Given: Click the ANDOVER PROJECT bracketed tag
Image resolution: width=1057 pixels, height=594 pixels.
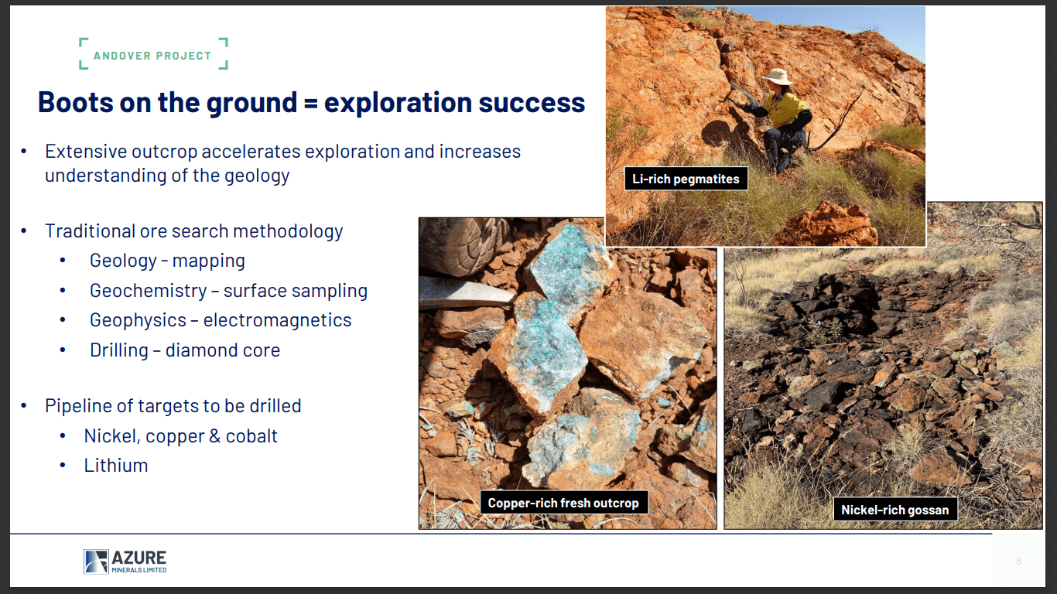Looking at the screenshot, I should (152, 56).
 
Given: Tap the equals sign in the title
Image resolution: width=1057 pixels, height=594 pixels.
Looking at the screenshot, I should (310, 103).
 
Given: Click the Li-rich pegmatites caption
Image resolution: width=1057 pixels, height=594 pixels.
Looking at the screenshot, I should (686, 179).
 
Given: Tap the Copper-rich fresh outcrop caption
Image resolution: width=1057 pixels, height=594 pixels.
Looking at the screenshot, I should (563, 503).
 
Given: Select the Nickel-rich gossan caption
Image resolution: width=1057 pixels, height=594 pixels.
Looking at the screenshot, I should (895, 510).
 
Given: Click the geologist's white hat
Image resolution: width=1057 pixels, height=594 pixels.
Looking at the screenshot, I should (777, 77).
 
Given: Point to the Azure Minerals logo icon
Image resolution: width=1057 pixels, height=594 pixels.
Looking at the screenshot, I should (96, 562).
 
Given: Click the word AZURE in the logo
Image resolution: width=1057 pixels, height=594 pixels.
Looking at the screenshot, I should (139, 558).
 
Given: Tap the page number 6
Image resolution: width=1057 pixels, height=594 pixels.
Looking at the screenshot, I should (1019, 562).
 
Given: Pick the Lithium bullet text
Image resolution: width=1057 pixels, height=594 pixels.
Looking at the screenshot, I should (116, 466).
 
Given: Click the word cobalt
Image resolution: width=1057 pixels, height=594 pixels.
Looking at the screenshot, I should (251, 436).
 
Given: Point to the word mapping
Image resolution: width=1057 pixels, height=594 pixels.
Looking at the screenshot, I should (209, 261).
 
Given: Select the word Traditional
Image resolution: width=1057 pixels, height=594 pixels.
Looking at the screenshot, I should (89, 231).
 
